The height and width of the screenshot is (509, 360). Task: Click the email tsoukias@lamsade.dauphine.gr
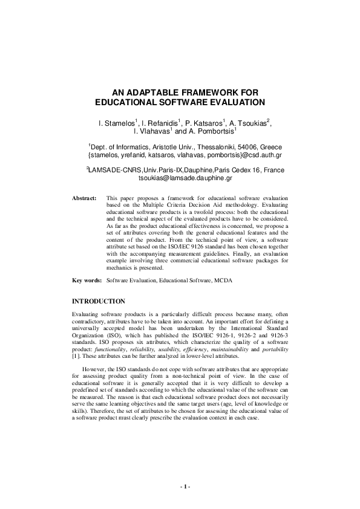pos(186,179)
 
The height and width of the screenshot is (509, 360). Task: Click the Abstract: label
pos(84,198)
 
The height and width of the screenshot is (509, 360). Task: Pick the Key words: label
pos(86,280)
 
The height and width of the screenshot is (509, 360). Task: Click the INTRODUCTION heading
pos(99,300)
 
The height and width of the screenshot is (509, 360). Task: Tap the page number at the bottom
pos(185,487)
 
